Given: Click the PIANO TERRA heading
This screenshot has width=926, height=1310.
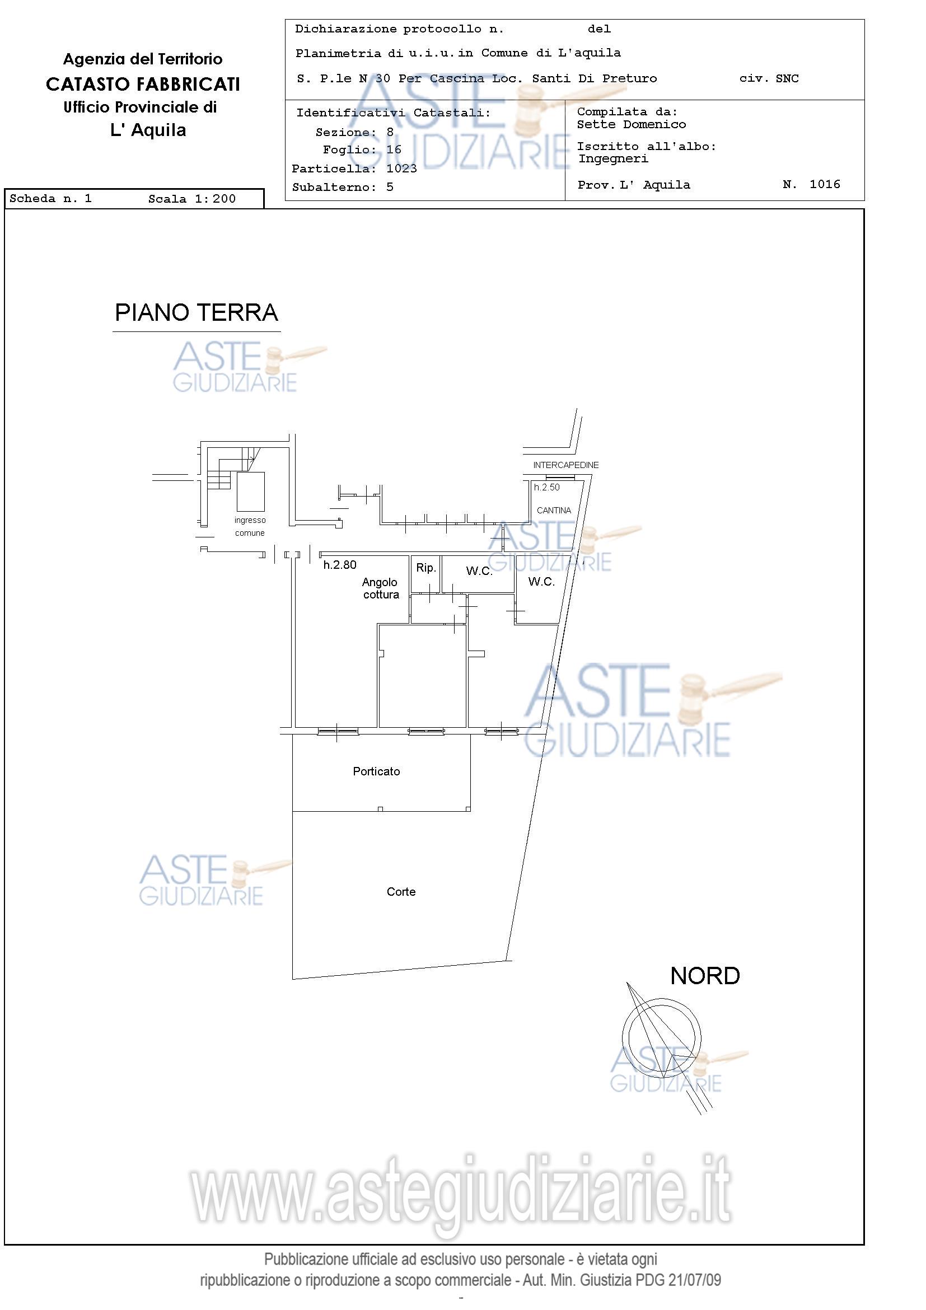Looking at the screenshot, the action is click(x=197, y=313).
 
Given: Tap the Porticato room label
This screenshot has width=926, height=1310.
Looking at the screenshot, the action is click(x=376, y=771).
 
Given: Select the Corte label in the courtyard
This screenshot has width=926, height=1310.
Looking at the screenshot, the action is click(x=401, y=892).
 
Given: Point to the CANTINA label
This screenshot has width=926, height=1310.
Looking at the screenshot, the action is click(x=554, y=511).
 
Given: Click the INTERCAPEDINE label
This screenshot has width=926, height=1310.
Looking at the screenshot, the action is click(x=566, y=465).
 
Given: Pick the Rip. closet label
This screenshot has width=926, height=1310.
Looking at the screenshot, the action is click(x=425, y=568).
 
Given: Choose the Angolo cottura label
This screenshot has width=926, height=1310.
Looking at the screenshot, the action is click(x=381, y=588).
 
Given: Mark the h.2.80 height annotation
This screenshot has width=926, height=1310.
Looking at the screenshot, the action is click(x=340, y=565).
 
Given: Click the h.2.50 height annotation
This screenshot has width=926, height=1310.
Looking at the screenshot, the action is click(x=546, y=487).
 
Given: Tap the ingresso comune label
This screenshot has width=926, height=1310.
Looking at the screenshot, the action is click(x=250, y=527).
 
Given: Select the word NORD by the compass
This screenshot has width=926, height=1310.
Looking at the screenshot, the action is click(x=705, y=976).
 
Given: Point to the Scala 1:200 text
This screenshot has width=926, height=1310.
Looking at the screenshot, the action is click(x=191, y=199).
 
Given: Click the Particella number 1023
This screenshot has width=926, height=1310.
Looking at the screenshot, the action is click(x=401, y=169).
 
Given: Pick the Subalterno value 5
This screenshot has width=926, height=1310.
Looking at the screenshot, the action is click(x=390, y=187).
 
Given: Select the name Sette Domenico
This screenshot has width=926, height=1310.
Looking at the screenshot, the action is click(x=632, y=124).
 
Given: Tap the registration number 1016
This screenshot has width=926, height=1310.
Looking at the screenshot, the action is click(x=825, y=184).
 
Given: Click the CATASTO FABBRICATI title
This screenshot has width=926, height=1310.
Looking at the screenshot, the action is click(x=143, y=85).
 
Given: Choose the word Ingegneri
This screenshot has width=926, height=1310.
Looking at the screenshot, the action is click(x=614, y=158).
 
